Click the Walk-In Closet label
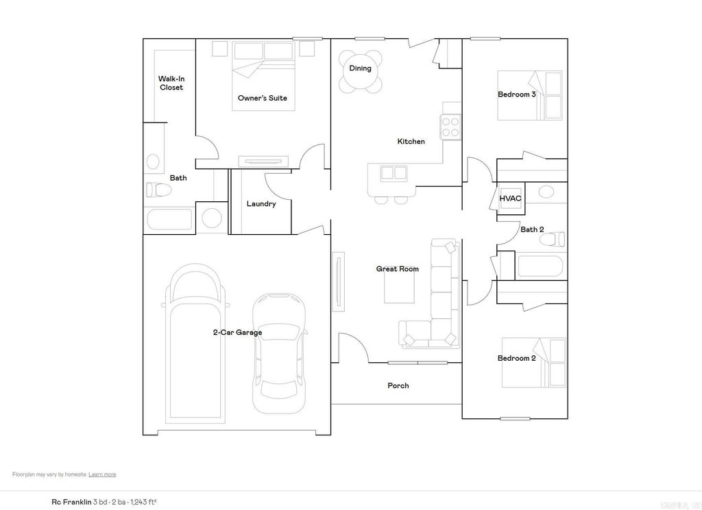[171, 83]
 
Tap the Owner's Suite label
[262, 98]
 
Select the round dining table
[361, 72]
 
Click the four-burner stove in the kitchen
[450, 127]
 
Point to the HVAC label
[510, 199]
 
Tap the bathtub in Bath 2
[541, 266]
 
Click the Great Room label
[397, 269]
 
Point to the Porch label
[398, 385]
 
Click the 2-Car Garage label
[237, 333]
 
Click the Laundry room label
[261, 204]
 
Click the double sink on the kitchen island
[394, 173]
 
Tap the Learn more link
[102, 474]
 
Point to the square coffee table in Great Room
[399, 288]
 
